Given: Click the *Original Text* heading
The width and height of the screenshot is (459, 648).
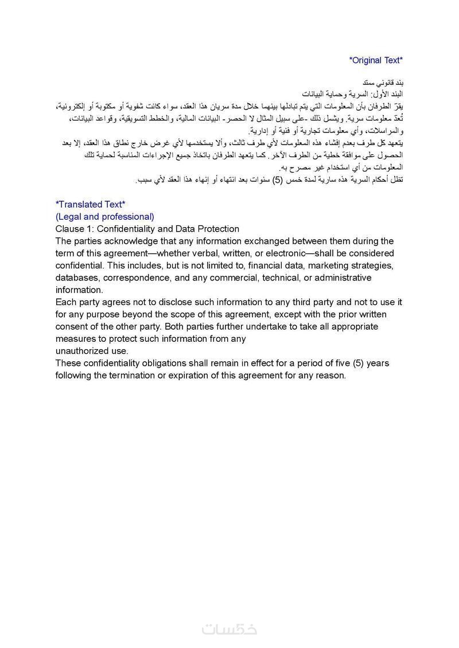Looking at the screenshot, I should (x=376, y=60).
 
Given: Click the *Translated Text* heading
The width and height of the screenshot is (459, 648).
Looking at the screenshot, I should (x=90, y=204).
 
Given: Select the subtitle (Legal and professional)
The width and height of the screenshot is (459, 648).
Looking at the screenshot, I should (x=105, y=217).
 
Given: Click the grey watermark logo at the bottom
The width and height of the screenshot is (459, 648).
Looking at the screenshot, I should (x=229, y=629).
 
